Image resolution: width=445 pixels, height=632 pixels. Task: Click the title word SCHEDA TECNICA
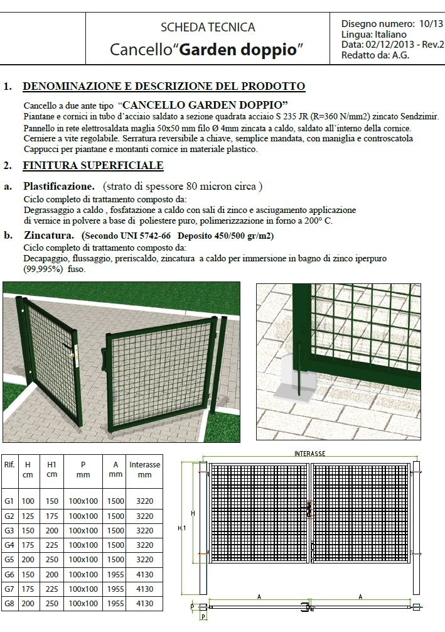point(208,27)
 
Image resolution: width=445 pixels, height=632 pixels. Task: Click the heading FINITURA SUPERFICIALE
point(93,166)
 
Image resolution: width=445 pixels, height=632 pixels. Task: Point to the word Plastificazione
point(59,187)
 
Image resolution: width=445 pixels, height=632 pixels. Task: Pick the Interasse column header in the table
point(144,469)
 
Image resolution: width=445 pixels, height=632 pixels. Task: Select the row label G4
point(9,545)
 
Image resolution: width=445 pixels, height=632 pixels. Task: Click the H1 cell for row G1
point(51,501)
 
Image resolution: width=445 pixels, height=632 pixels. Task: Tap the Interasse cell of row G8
point(144,604)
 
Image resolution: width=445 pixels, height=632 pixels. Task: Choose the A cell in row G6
point(115,574)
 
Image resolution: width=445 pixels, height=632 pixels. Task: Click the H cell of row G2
point(28,516)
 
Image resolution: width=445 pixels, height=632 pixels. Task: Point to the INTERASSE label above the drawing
point(309,454)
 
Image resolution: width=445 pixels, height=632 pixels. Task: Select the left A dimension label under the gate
point(259,596)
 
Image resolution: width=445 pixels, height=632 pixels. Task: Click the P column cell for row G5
point(83,560)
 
